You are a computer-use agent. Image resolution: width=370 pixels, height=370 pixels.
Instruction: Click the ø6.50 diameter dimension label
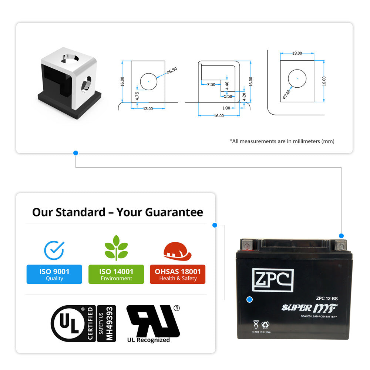point(172,70)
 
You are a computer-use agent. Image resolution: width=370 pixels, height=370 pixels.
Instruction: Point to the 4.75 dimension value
point(137,96)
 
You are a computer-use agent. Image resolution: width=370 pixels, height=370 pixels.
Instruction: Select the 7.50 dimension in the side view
point(211,85)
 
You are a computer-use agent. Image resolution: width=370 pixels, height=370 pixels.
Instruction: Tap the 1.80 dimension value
point(226,108)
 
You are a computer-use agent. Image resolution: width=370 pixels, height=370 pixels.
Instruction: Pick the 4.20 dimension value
point(244,97)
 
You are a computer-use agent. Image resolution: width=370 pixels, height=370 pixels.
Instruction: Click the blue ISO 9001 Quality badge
point(54,275)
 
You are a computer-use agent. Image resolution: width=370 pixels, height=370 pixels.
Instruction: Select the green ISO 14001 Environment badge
point(116,275)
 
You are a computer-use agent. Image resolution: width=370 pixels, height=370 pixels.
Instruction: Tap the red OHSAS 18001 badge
point(178,275)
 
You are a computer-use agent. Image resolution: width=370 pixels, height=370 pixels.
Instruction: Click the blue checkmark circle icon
point(54,250)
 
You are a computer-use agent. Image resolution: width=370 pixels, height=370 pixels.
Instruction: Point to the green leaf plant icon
point(116,248)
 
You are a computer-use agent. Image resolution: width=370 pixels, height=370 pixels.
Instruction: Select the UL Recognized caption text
point(148,340)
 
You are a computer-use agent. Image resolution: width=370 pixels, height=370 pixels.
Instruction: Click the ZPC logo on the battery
point(273,280)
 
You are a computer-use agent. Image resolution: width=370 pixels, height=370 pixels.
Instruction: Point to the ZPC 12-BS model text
point(327,298)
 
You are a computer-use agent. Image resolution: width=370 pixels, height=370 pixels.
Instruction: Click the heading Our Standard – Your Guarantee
point(118,212)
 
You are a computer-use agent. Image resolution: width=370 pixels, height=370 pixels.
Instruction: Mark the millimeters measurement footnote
point(282,141)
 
